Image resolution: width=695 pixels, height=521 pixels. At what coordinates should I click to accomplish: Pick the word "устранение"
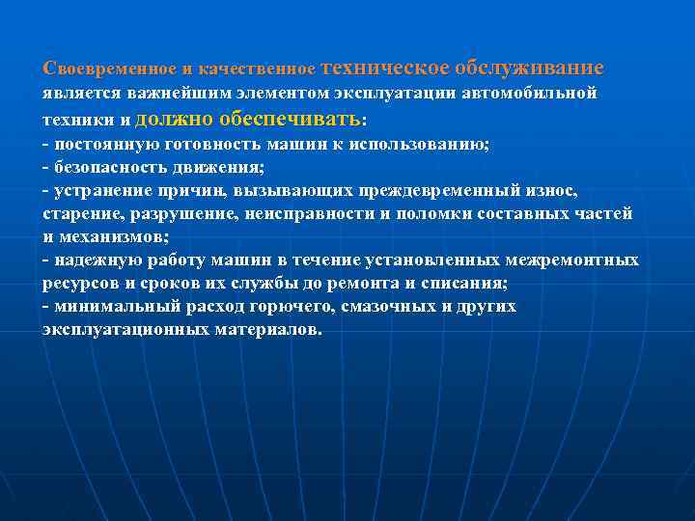105,191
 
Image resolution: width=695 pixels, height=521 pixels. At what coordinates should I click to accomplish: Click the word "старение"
78,214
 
